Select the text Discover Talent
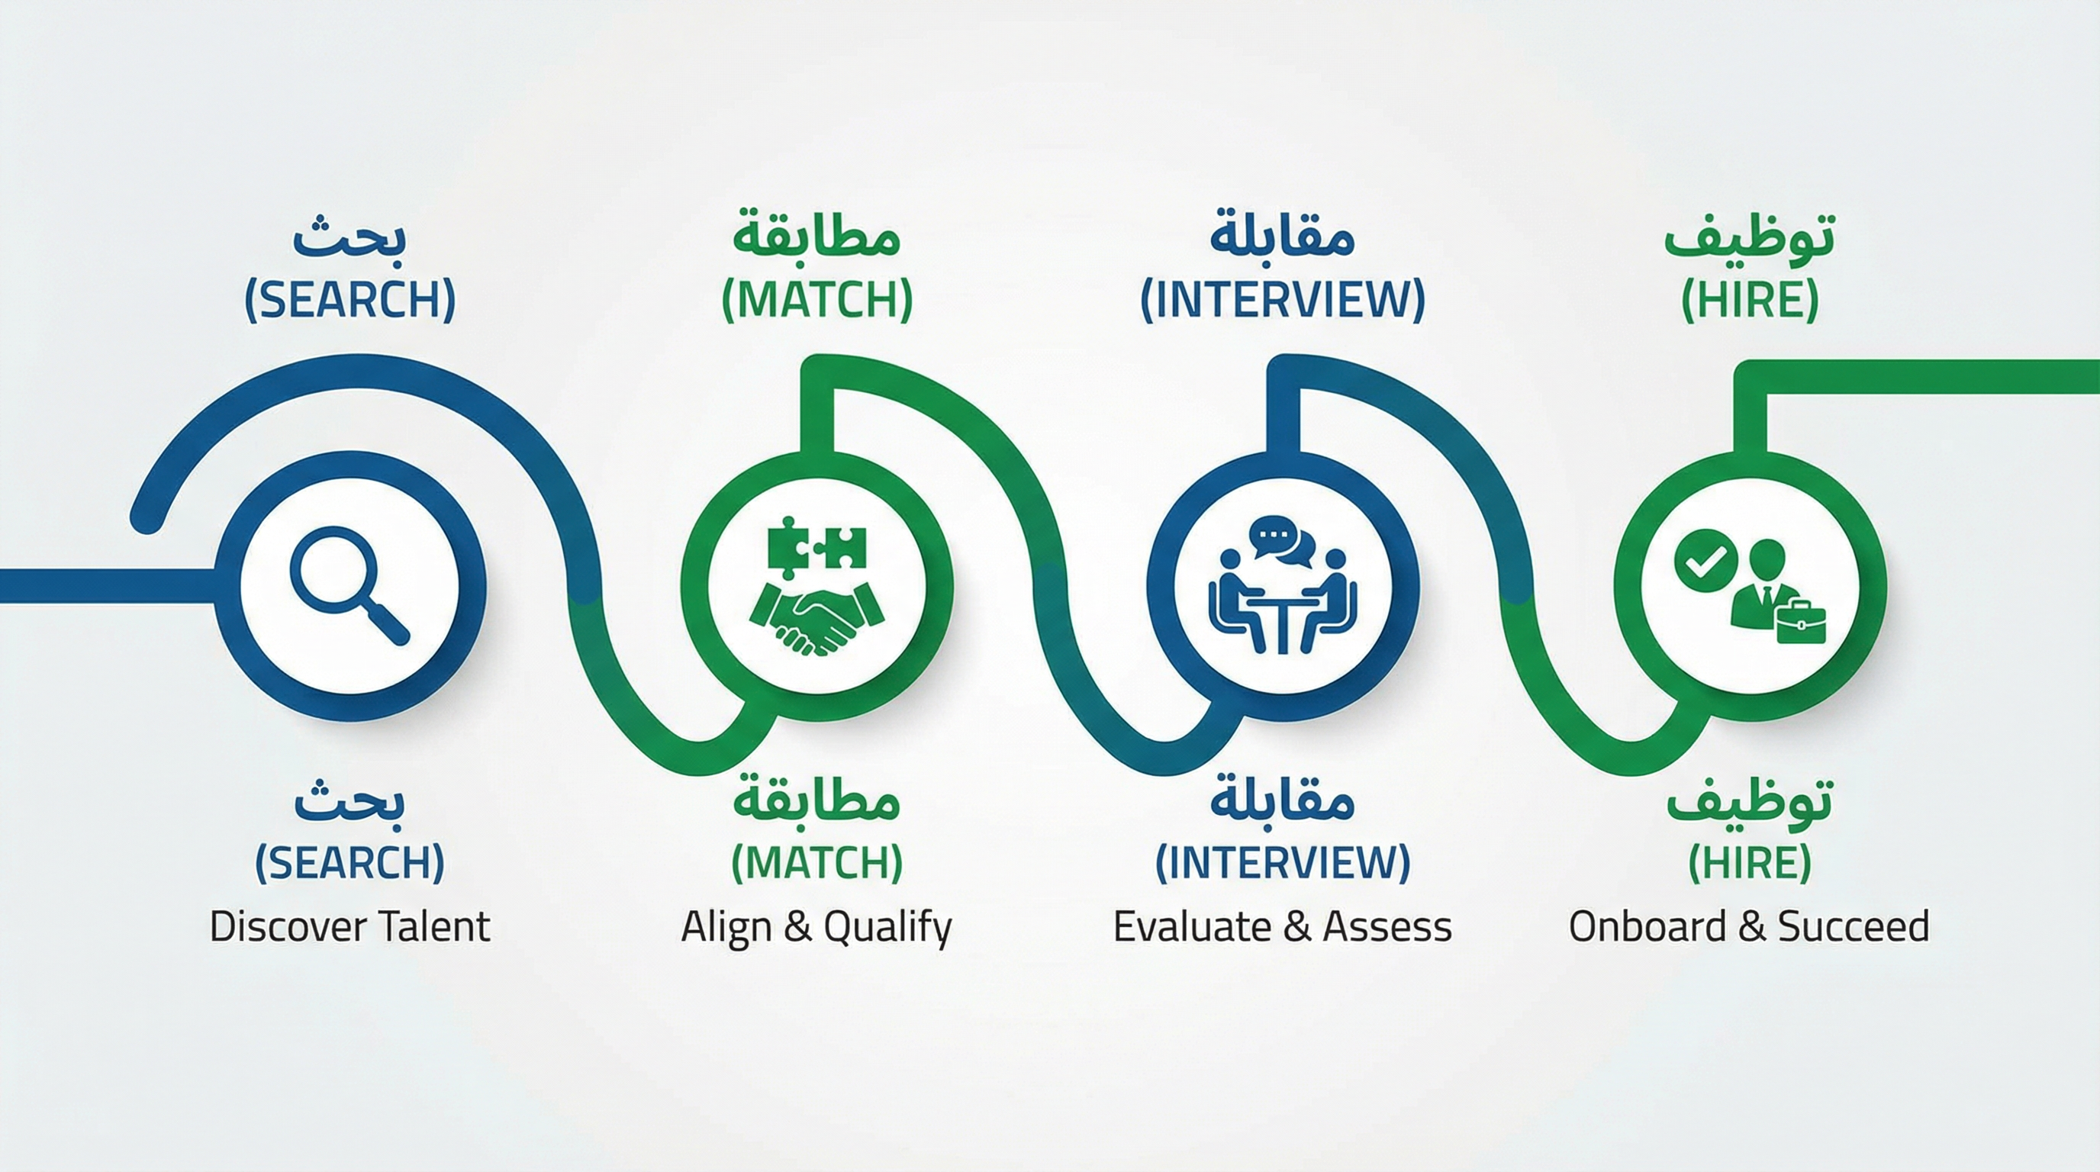pos(349,926)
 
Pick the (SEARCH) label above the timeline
pos(349,300)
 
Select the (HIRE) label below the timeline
pos(1750,862)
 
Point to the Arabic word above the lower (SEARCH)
pos(349,800)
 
